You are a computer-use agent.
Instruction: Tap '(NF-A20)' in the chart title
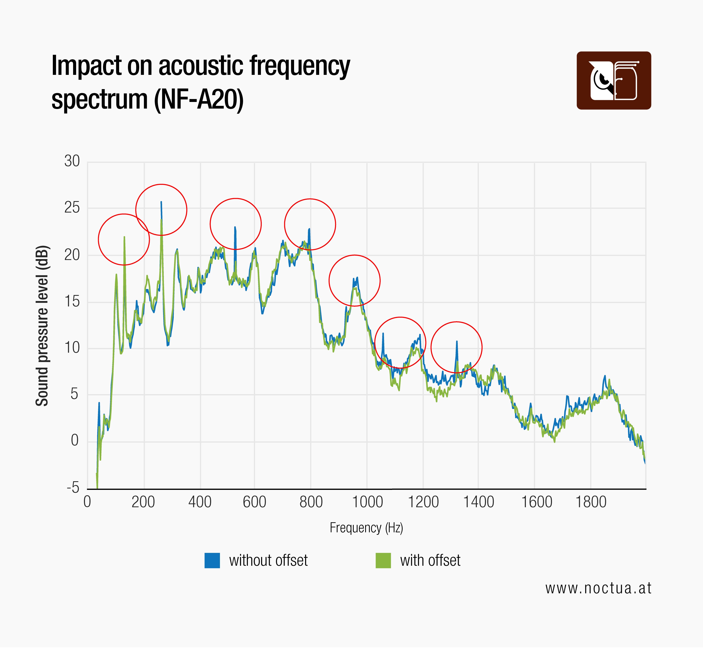pos(199,100)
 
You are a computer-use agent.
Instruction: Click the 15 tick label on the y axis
pos(72,302)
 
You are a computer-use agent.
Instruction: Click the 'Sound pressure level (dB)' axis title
pos(42,326)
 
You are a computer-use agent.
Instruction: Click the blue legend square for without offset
pos(212,560)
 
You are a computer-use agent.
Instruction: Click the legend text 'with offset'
pos(430,560)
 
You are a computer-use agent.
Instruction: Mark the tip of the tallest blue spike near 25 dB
pos(161,202)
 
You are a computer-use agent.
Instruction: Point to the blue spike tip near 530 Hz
pos(235,227)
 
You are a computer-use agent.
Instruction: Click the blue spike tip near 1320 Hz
pos(457,341)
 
